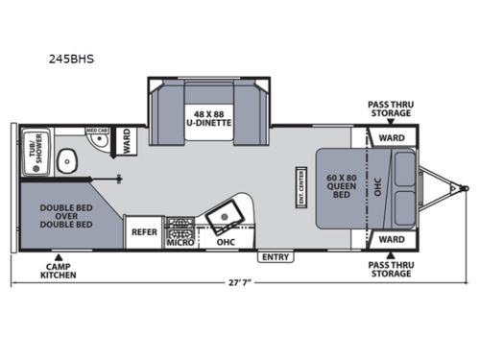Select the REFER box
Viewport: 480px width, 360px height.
(x=144, y=231)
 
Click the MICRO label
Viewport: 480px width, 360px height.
(x=179, y=242)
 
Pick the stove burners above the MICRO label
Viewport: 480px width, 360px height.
(x=179, y=228)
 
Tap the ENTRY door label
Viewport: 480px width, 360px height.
(x=276, y=256)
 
